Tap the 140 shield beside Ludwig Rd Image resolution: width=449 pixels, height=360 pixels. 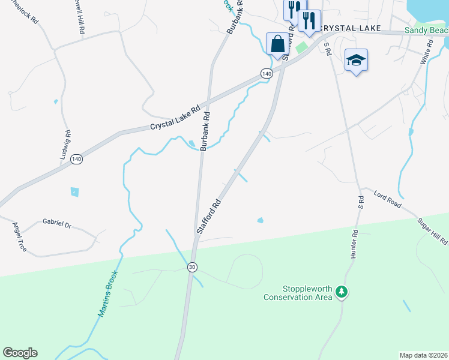coord(76,159)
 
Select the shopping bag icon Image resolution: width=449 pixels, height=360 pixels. coord(277,44)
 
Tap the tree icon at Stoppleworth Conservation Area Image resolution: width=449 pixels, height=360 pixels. coord(342,292)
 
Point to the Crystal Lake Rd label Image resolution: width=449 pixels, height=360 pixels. coord(175,118)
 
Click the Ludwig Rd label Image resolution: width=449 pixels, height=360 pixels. coord(66,145)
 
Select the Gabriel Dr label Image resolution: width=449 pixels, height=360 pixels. coord(57,224)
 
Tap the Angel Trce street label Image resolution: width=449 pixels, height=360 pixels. coord(20,236)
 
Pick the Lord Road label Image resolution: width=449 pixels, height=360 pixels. coord(387,200)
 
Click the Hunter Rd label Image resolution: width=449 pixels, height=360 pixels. coord(354,244)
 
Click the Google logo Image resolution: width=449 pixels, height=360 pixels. coord(20,353)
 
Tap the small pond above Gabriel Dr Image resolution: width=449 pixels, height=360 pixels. coord(74,192)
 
